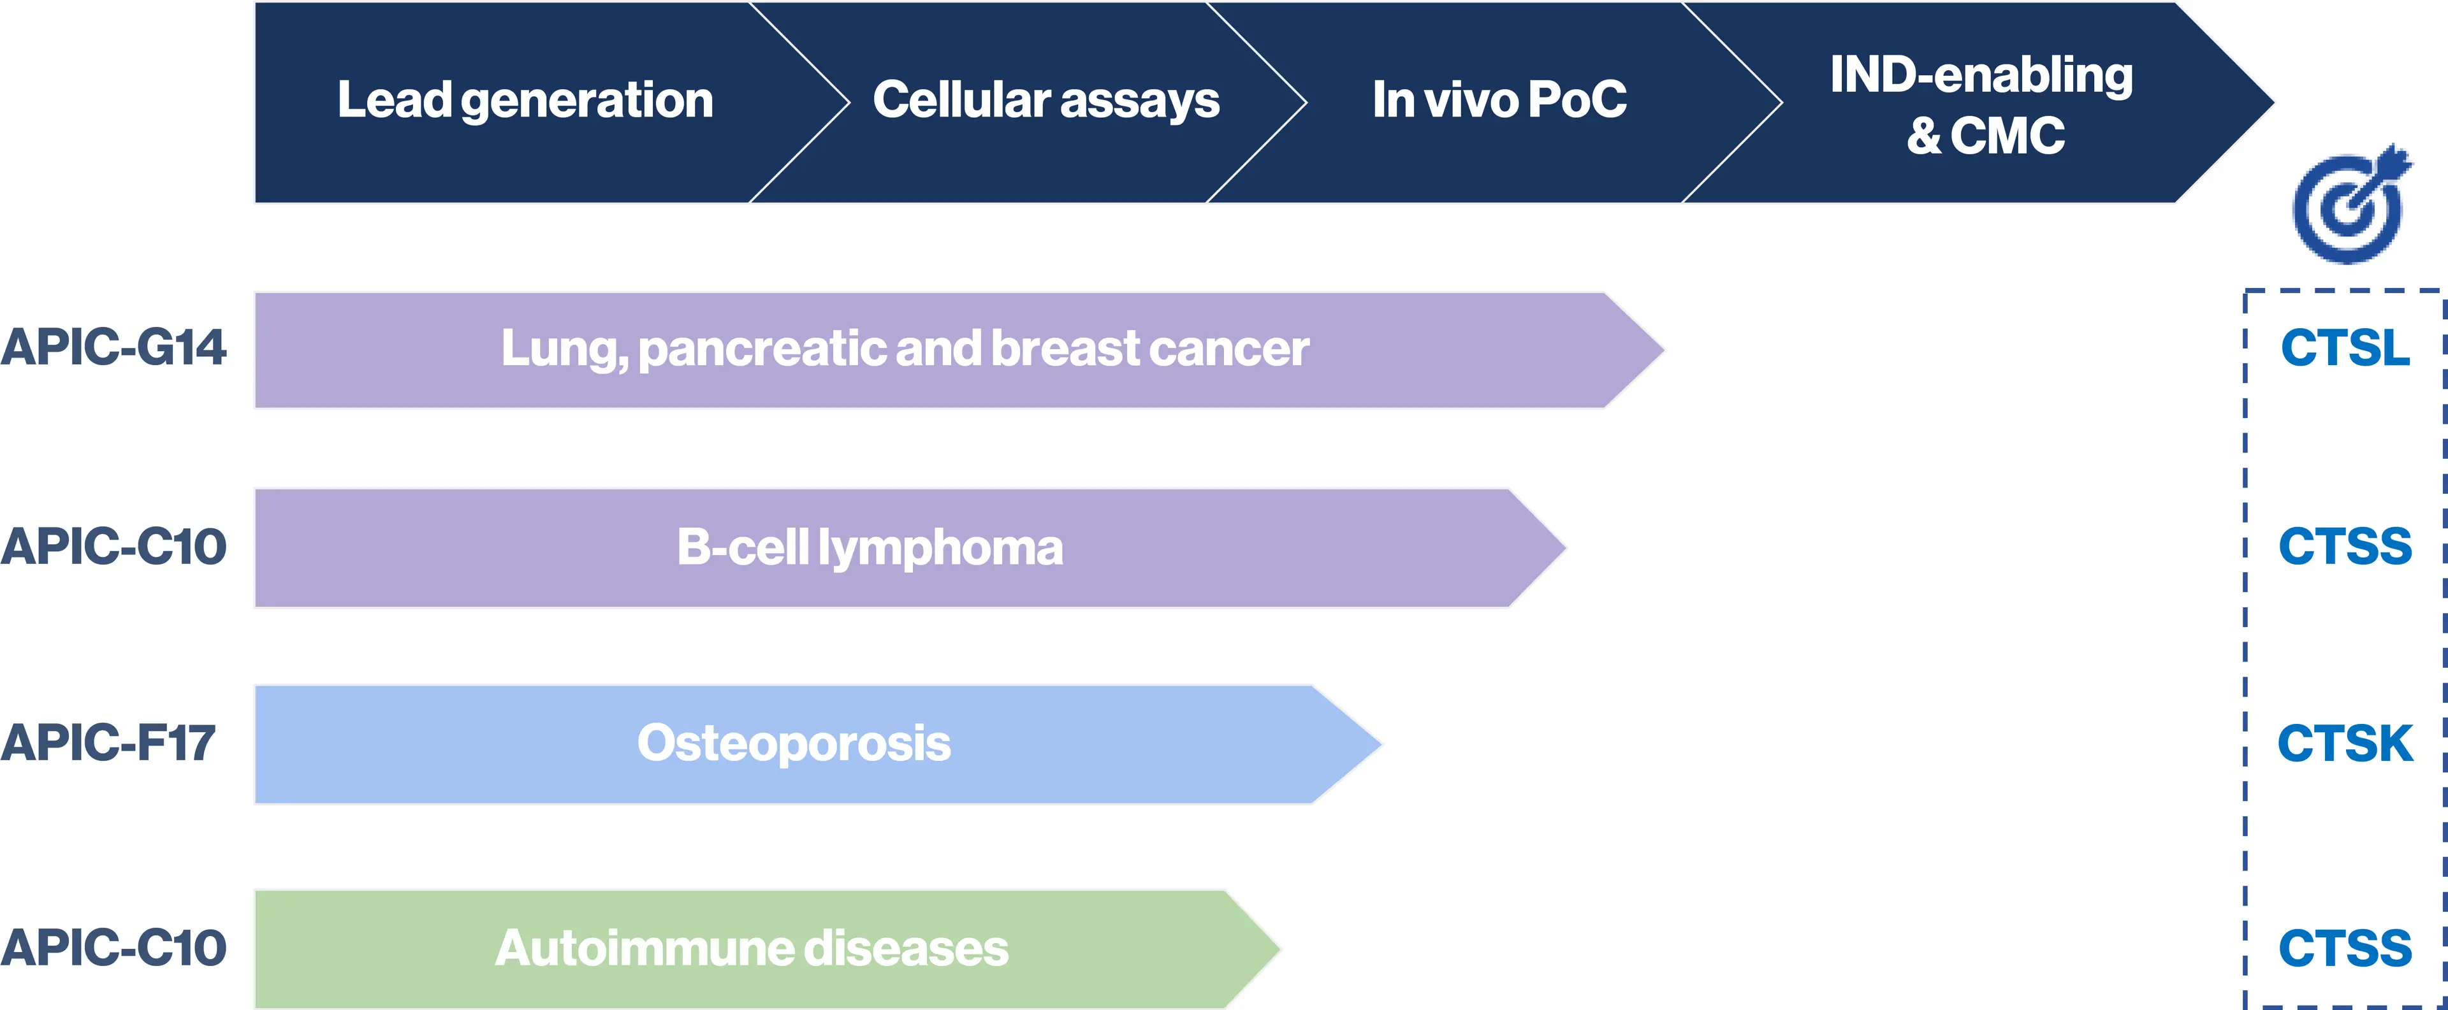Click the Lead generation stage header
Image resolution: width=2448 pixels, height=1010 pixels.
coord(525,101)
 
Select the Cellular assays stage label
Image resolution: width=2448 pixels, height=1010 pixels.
coord(1045,101)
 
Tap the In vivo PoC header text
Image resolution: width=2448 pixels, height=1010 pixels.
coord(1499,101)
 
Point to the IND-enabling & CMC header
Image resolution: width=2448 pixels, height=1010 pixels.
coord(1983,105)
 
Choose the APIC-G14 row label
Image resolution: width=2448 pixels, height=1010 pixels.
coord(113,348)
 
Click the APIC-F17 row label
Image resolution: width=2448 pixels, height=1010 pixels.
coord(107,743)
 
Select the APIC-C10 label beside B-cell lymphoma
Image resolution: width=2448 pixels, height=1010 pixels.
coord(113,547)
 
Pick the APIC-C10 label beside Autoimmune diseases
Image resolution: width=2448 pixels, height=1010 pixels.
coord(113,948)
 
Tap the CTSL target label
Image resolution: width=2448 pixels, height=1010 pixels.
coord(2345,349)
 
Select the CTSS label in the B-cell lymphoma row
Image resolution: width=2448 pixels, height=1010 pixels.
coord(2345,547)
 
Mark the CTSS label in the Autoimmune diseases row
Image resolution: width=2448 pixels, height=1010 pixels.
coord(2345,948)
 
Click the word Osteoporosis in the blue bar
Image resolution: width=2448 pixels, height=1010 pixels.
coord(794,743)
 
